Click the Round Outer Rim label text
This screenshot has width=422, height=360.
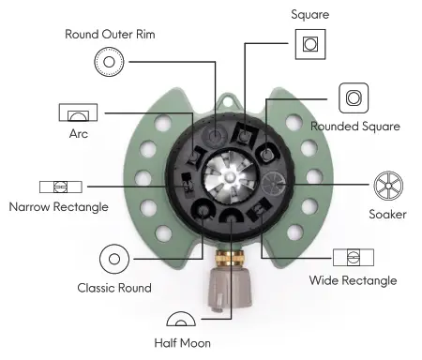(x=109, y=35)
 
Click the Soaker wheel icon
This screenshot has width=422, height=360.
(x=387, y=185)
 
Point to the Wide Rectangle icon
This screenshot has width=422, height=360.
(x=353, y=257)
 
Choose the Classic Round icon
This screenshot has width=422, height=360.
(x=113, y=259)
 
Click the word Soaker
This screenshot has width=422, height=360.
(x=387, y=213)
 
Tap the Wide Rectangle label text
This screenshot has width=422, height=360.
(x=353, y=280)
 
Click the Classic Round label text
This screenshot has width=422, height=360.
(x=114, y=287)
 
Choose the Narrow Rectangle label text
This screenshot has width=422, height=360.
(x=58, y=206)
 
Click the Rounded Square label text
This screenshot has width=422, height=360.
(x=355, y=126)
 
